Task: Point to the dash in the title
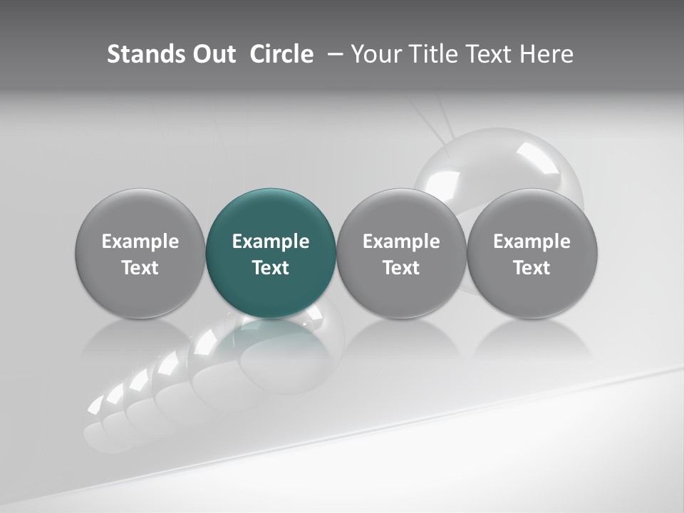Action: tap(333, 54)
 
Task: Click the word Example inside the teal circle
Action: tap(271, 242)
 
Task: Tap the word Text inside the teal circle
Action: tap(271, 268)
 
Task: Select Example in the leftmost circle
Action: tap(140, 242)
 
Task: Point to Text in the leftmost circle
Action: tap(140, 268)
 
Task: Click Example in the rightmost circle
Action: tap(532, 242)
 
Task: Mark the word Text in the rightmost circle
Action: tap(532, 268)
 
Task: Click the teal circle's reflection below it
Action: tap(271, 338)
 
